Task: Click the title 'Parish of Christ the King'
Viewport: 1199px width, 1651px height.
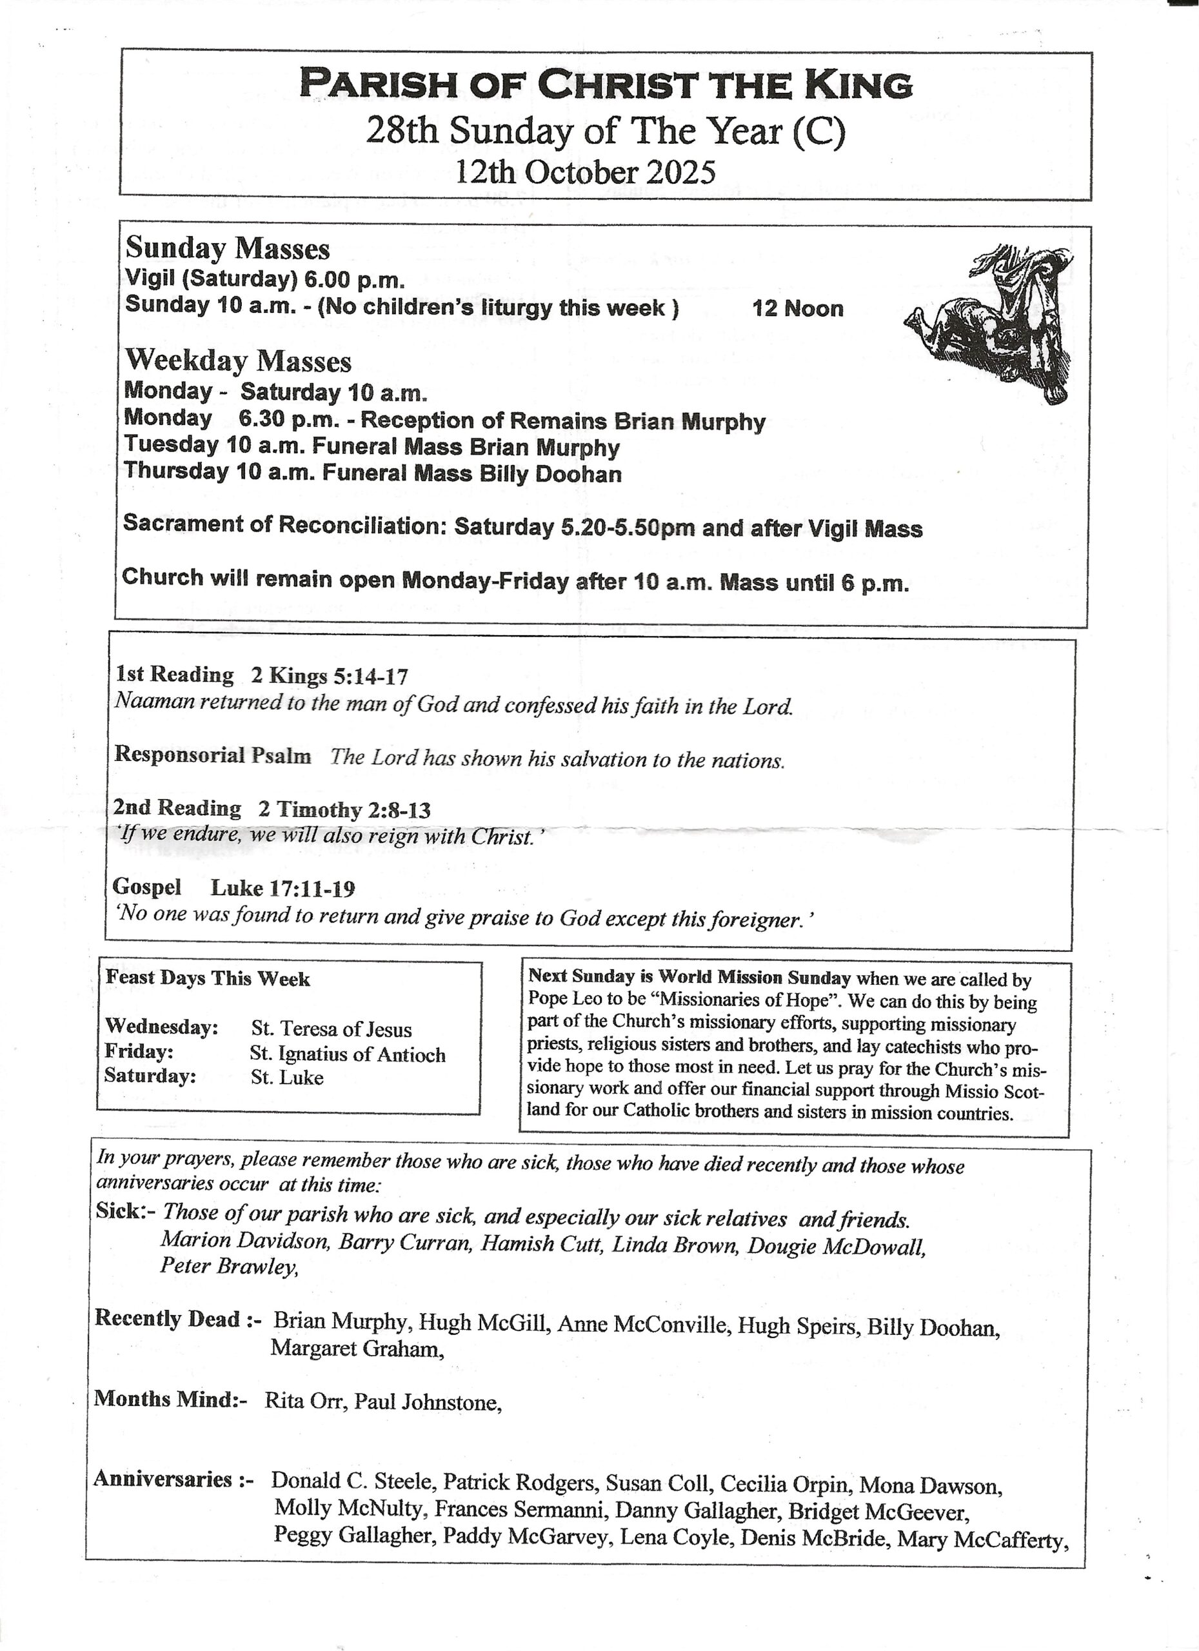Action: coord(606,84)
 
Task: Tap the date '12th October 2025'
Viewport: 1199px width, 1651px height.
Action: coord(585,173)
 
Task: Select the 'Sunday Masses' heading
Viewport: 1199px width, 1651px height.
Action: coord(228,249)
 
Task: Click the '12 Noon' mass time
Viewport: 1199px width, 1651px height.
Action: coord(798,309)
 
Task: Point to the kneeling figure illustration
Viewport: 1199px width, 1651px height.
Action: coord(995,321)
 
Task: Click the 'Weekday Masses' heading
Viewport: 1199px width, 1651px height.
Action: coord(238,361)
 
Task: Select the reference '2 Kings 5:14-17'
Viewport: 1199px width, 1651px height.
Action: coord(329,677)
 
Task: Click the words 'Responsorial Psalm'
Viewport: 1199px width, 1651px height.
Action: coord(213,756)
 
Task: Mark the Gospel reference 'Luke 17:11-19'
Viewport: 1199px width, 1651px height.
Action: coord(283,888)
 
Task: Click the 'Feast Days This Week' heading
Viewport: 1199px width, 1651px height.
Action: coord(208,978)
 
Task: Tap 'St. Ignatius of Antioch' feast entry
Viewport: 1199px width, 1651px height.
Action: coord(347,1054)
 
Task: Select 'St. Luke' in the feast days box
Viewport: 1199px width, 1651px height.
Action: coord(287,1078)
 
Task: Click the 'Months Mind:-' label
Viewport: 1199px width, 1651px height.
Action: coord(170,1399)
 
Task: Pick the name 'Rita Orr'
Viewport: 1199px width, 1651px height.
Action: coord(304,1401)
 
